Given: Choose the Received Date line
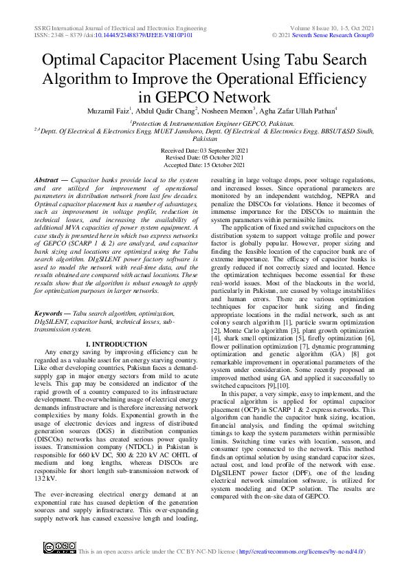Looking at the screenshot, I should [203, 150].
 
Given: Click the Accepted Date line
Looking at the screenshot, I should [204, 165].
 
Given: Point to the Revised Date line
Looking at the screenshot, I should [204, 157].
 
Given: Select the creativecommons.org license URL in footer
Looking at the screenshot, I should [300, 551].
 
